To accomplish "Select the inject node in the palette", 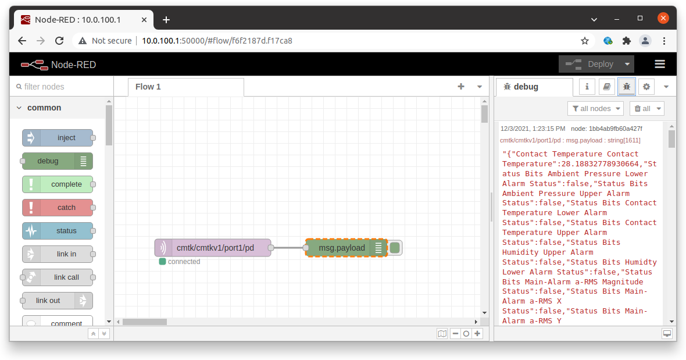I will point(58,138).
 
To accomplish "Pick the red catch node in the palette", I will point(58,208).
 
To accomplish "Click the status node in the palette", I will point(58,231).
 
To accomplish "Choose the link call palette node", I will point(58,277).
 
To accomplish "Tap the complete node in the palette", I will point(58,184).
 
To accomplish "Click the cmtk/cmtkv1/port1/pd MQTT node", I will point(213,248).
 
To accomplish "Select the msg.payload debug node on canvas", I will point(342,248).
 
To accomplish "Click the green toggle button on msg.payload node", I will point(395,248).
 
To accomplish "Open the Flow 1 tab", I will point(148,87).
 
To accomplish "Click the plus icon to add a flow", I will point(461,87).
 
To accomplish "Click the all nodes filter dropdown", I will point(595,108).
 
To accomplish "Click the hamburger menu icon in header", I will point(659,64).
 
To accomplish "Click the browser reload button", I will point(59,41).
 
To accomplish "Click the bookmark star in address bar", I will point(585,41).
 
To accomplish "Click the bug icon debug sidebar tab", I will point(626,87).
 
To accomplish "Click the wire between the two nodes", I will point(288,248).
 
